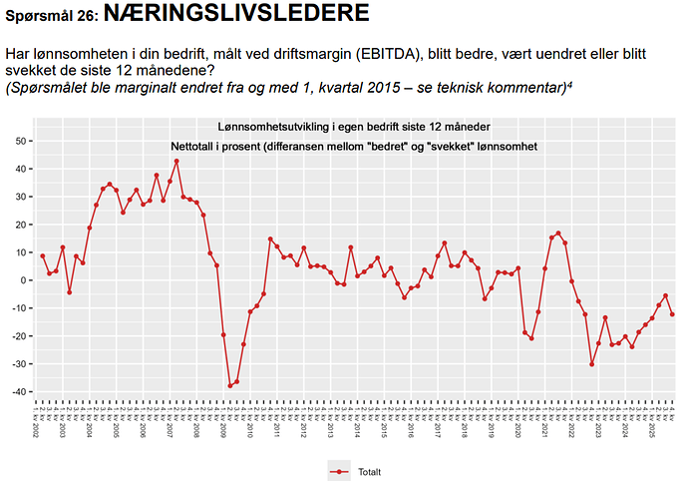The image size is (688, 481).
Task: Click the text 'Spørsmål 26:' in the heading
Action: click(x=50, y=17)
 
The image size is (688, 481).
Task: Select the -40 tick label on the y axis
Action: click(x=19, y=392)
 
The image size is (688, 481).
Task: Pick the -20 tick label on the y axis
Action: click(x=19, y=336)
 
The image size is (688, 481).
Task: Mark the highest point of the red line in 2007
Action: click(x=176, y=161)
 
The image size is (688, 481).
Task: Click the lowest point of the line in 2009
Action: click(x=230, y=386)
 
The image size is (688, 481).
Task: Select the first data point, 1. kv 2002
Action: click(x=42, y=255)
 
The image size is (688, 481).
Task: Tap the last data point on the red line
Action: click(x=672, y=314)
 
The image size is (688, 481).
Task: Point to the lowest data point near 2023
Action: click(x=591, y=364)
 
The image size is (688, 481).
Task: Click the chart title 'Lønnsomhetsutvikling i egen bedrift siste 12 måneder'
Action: click(x=354, y=126)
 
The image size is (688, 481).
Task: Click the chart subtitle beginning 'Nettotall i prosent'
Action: click(x=354, y=146)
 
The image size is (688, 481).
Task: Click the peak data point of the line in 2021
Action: click(x=558, y=234)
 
